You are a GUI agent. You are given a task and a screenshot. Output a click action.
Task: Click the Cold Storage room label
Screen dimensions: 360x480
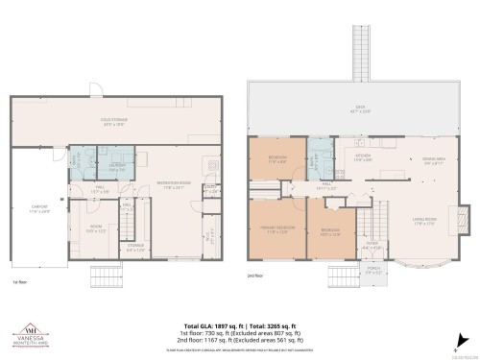click(120, 122)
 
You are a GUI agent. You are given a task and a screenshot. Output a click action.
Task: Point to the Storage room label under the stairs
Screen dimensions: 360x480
click(135, 246)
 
